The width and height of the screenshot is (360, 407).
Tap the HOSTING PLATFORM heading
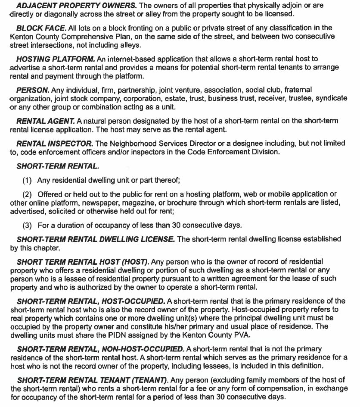[x=56, y=59]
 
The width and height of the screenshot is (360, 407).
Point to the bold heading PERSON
[x=33, y=90]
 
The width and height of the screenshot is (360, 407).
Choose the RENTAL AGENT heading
[x=46, y=121]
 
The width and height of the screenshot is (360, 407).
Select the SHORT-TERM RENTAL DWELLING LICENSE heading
[x=96, y=239]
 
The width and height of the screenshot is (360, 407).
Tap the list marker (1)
[x=27, y=180]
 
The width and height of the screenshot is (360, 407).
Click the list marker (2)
[x=27, y=194]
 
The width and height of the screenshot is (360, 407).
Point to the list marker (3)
[x=27, y=225]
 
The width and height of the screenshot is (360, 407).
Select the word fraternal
[x=296, y=90]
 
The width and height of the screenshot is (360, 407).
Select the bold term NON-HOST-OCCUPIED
[x=145, y=349]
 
